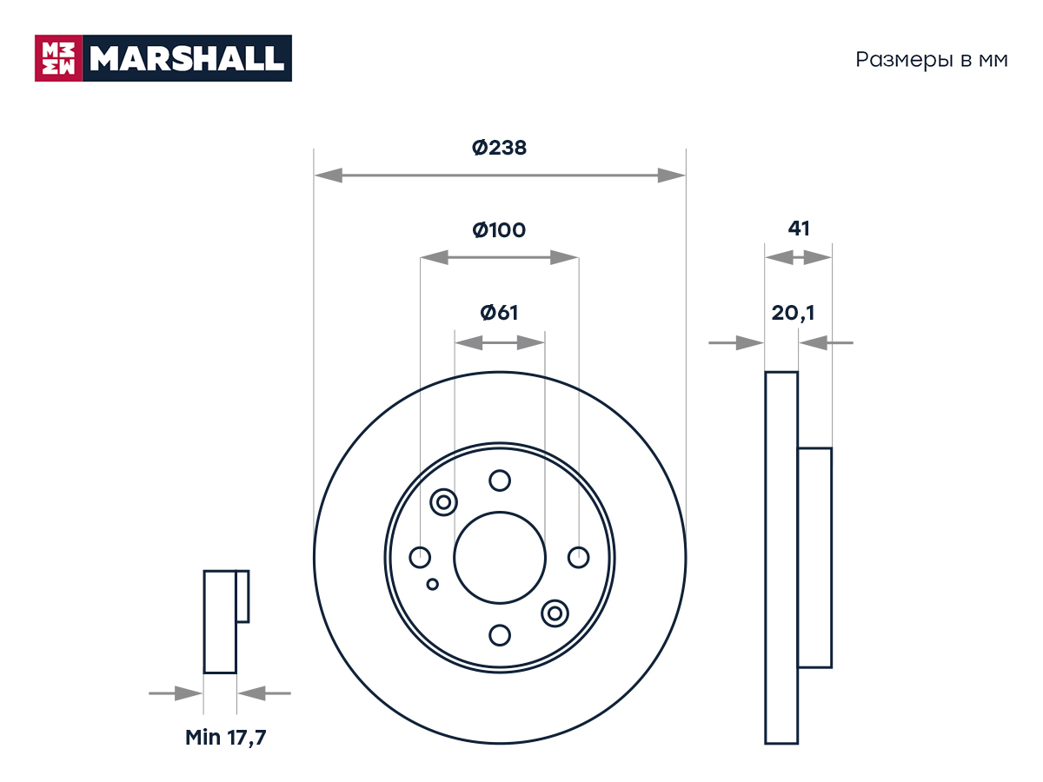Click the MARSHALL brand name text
point(187,58)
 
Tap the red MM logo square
point(58,58)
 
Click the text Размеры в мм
point(932,60)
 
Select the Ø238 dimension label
point(499,148)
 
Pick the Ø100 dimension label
point(499,230)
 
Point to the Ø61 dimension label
point(499,313)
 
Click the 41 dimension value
point(799,229)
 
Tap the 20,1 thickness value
point(793,313)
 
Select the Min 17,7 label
point(226,738)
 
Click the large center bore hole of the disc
point(500,558)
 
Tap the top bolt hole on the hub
point(500,480)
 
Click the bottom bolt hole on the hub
point(500,635)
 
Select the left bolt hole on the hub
point(420,558)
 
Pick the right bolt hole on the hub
point(578,558)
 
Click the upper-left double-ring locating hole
point(443,502)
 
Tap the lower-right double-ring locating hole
point(555,613)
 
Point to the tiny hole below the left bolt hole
point(432,584)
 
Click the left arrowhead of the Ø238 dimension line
point(329,176)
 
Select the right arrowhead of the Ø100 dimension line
point(564,257)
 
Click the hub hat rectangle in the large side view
point(814,558)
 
